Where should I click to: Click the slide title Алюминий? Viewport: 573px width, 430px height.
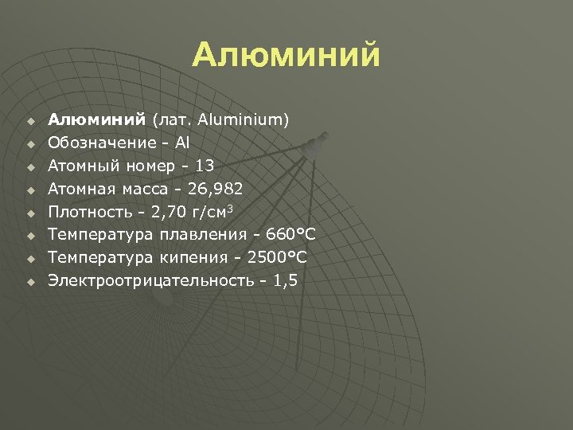[x=286, y=56]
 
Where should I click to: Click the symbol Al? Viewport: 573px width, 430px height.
[x=182, y=143]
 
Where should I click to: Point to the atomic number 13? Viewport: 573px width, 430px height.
[x=204, y=166]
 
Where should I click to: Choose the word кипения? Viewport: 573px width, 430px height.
[x=182, y=257]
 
